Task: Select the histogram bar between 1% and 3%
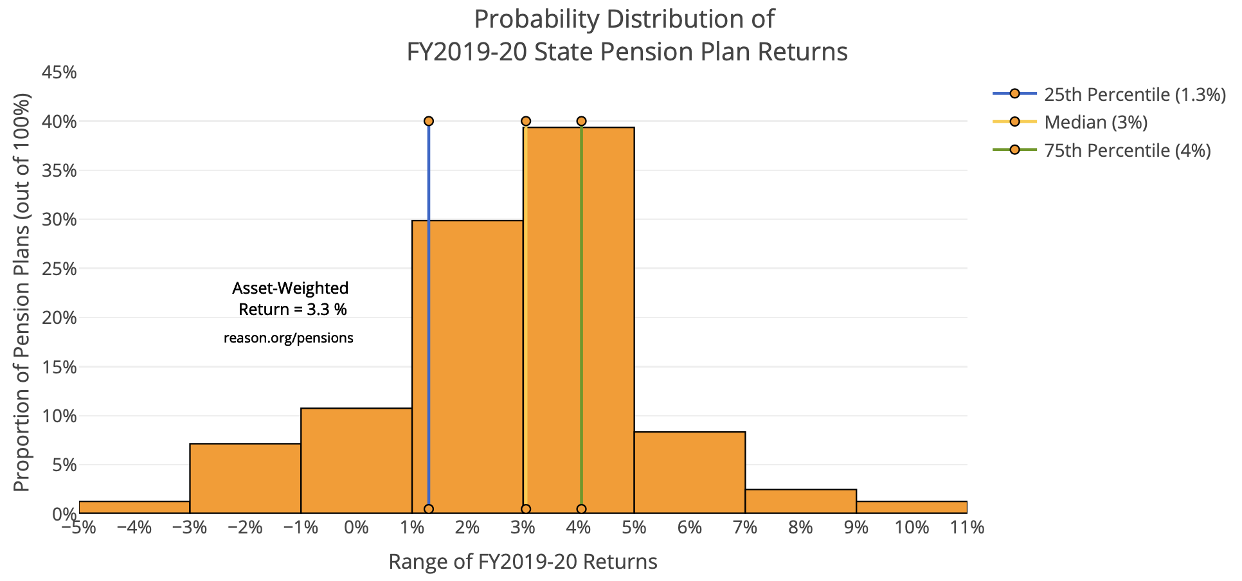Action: click(x=476, y=366)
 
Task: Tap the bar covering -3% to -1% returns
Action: click(x=245, y=478)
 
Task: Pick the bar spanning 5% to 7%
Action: click(x=690, y=472)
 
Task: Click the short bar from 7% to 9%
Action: click(x=801, y=501)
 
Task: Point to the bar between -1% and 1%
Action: click(x=356, y=460)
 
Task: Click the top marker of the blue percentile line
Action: click(x=429, y=121)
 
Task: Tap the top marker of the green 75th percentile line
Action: click(x=581, y=121)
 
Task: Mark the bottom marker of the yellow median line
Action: click(x=526, y=509)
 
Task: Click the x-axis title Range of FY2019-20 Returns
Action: click(x=523, y=562)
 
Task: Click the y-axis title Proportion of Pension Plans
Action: click(x=22, y=293)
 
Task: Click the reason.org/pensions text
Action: click(x=289, y=338)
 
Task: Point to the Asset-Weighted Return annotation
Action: click(x=291, y=298)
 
